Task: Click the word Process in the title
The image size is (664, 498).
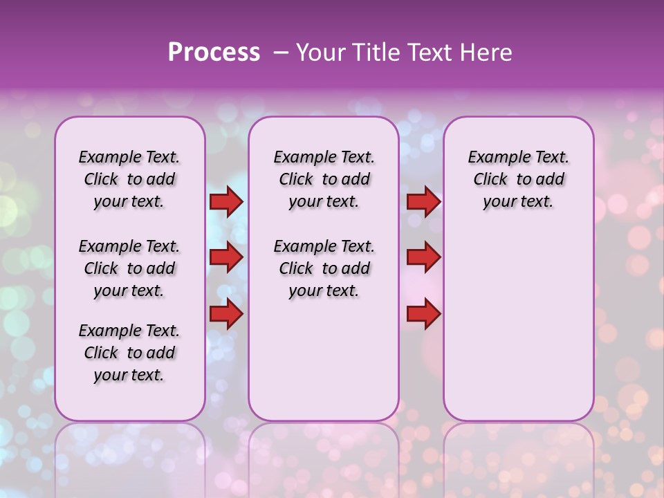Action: click(214, 53)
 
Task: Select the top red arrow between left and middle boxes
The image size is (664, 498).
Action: click(226, 202)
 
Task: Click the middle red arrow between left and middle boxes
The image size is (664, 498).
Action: click(226, 258)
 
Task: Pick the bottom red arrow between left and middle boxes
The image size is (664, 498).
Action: click(226, 314)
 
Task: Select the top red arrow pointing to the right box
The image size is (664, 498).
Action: click(423, 202)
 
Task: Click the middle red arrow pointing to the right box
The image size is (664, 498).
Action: click(423, 258)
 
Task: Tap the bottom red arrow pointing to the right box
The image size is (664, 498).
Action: click(423, 314)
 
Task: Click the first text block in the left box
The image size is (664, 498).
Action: click(129, 179)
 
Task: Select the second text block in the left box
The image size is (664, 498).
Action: click(129, 268)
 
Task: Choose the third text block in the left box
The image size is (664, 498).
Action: click(129, 353)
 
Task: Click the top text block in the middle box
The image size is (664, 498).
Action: click(324, 179)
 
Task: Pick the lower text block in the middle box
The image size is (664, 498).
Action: click(324, 268)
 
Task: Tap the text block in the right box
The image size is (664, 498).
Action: click(518, 179)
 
